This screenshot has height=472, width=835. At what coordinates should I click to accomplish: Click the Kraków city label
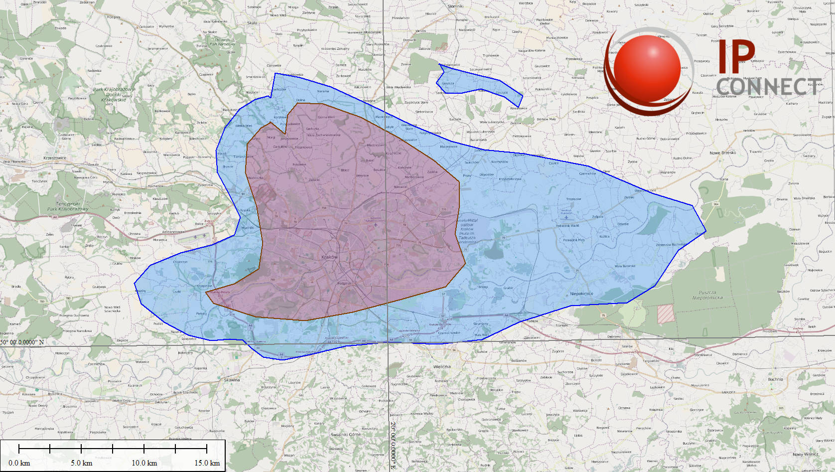coord(329,257)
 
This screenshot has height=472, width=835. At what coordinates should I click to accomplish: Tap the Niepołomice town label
coord(581,294)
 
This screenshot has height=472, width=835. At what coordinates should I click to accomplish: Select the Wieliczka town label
coord(442,367)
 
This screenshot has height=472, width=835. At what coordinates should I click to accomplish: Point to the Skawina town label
coord(232,380)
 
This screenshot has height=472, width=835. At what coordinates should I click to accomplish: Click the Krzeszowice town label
coord(55,158)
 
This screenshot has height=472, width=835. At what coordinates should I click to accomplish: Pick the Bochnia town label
coord(775,379)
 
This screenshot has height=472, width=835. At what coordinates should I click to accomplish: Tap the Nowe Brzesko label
coord(722,153)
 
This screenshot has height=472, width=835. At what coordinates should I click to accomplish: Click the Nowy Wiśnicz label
coord(805,454)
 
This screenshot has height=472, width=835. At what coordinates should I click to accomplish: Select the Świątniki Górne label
coord(346,435)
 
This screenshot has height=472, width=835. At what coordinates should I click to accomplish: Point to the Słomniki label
coord(455,6)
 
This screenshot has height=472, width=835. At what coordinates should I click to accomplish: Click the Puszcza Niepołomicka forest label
coord(707,295)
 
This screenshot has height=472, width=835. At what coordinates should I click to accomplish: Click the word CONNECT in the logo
coord(769,87)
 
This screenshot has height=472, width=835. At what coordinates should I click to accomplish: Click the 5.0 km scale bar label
coord(81,463)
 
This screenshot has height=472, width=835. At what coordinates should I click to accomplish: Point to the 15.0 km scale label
coord(207,463)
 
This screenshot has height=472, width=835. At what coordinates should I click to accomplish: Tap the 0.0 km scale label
coord(19,463)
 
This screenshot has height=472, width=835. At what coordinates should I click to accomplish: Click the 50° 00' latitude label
coord(22,342)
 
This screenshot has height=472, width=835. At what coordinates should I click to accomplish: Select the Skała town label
coord(252,23)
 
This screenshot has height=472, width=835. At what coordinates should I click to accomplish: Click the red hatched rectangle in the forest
coord(666,314)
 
